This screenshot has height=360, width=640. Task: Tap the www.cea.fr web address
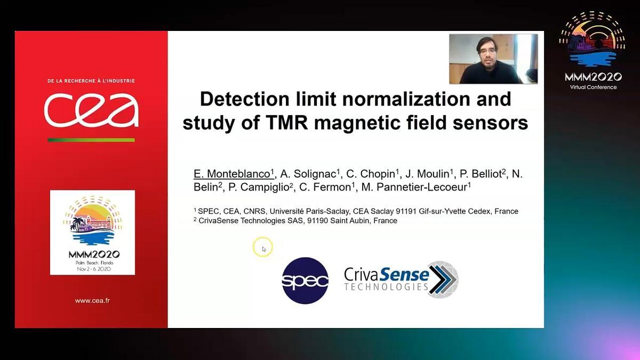tap(92, 301)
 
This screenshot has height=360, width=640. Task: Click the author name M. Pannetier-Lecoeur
tap(414, 187)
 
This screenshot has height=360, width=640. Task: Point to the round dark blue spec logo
tap(305, 281)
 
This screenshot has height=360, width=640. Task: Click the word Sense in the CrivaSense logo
tap(404, 274)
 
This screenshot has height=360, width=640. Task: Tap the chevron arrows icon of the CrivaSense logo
tap(443, 279)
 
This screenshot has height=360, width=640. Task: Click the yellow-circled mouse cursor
tap(263, 247)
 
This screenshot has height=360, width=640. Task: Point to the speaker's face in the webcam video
tap(487, 51)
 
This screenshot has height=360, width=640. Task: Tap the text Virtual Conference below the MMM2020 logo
tap(593, 87)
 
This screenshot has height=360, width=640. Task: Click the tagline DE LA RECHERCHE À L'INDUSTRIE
tap(91, 81)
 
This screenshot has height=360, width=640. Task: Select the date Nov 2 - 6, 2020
tap(94, 269)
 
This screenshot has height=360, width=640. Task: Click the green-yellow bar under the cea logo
tap(91, 140)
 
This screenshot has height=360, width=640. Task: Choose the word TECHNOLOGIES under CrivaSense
tap(386, 287)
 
